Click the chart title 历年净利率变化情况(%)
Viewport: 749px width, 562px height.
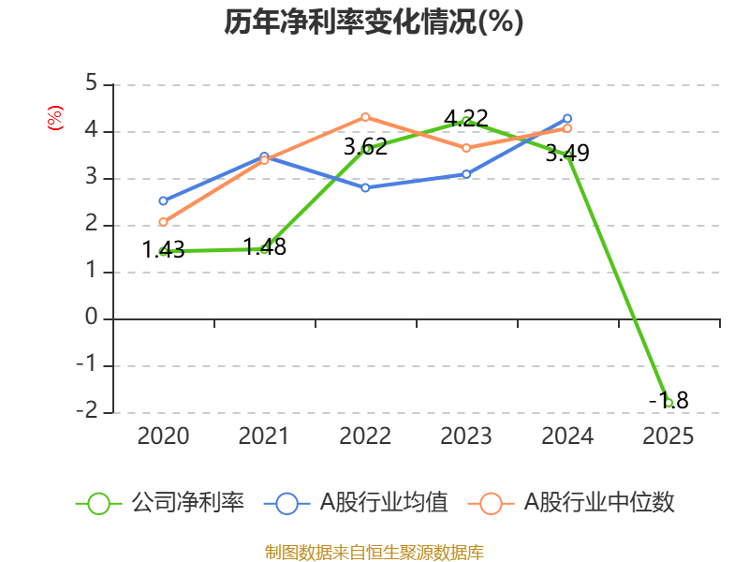(x=374, y=22)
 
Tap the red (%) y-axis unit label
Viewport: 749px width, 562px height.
(x=55, y=118)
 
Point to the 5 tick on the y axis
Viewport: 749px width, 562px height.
(x=91, y=83)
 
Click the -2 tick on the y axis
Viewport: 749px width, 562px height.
(x=87, y=410)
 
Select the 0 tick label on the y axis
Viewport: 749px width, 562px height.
(x=91, y=317)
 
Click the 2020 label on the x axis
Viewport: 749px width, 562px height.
(x=163, y=436)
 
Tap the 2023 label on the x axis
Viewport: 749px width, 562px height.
(x=465, y=436)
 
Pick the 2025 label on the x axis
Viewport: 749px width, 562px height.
(x=668, y=436)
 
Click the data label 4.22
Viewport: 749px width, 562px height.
(x=465, y=118)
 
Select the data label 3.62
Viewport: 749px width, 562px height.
(x=365, y=147)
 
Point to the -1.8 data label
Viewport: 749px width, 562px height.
(x=668, y=401)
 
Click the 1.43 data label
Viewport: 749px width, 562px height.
(x=163, y=249)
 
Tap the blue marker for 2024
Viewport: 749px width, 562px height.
(x=567, y=119)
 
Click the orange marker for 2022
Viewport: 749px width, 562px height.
(x=365, y=117)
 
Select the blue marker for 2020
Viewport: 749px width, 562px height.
(x=163, y=200)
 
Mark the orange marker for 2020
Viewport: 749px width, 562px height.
(x=163, y=222)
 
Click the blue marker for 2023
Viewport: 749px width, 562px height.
(x=466, y=174)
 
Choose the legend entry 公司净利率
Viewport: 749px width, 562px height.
(x=160, y=503)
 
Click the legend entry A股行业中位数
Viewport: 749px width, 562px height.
(x=571, y=503)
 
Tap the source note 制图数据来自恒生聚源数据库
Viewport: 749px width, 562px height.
(x=374, y=553)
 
